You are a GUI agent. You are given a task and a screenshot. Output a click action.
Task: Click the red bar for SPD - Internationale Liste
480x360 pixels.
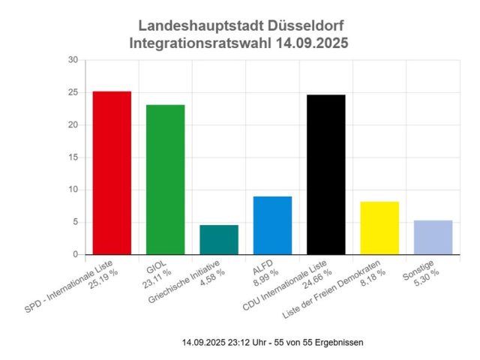coord(112,173)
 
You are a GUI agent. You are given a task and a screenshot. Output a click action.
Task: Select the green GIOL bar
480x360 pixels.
coord(165,180)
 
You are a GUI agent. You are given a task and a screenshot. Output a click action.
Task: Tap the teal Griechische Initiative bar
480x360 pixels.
coord(219,240)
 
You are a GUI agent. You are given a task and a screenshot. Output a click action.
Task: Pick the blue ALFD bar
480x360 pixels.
coord(272,226)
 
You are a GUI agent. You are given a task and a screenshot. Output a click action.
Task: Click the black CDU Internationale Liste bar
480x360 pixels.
coord(326,175)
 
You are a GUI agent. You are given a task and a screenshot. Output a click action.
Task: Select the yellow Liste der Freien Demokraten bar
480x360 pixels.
coord(379,228)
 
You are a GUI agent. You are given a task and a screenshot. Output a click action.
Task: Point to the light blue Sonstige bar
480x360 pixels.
coord(433,238)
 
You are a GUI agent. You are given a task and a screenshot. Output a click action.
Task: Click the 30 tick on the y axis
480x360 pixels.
coord(73,60)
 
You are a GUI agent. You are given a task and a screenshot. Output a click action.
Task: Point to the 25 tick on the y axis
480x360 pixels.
coord(73,92)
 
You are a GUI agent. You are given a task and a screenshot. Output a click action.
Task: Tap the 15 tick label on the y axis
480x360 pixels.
coord(73,157)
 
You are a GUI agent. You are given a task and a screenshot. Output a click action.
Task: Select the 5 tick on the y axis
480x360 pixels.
coord(75,222)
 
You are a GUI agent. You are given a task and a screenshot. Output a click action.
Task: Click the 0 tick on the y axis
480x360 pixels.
coord(75,255)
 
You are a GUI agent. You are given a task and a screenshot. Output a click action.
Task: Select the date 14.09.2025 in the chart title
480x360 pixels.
coord(304,44)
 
